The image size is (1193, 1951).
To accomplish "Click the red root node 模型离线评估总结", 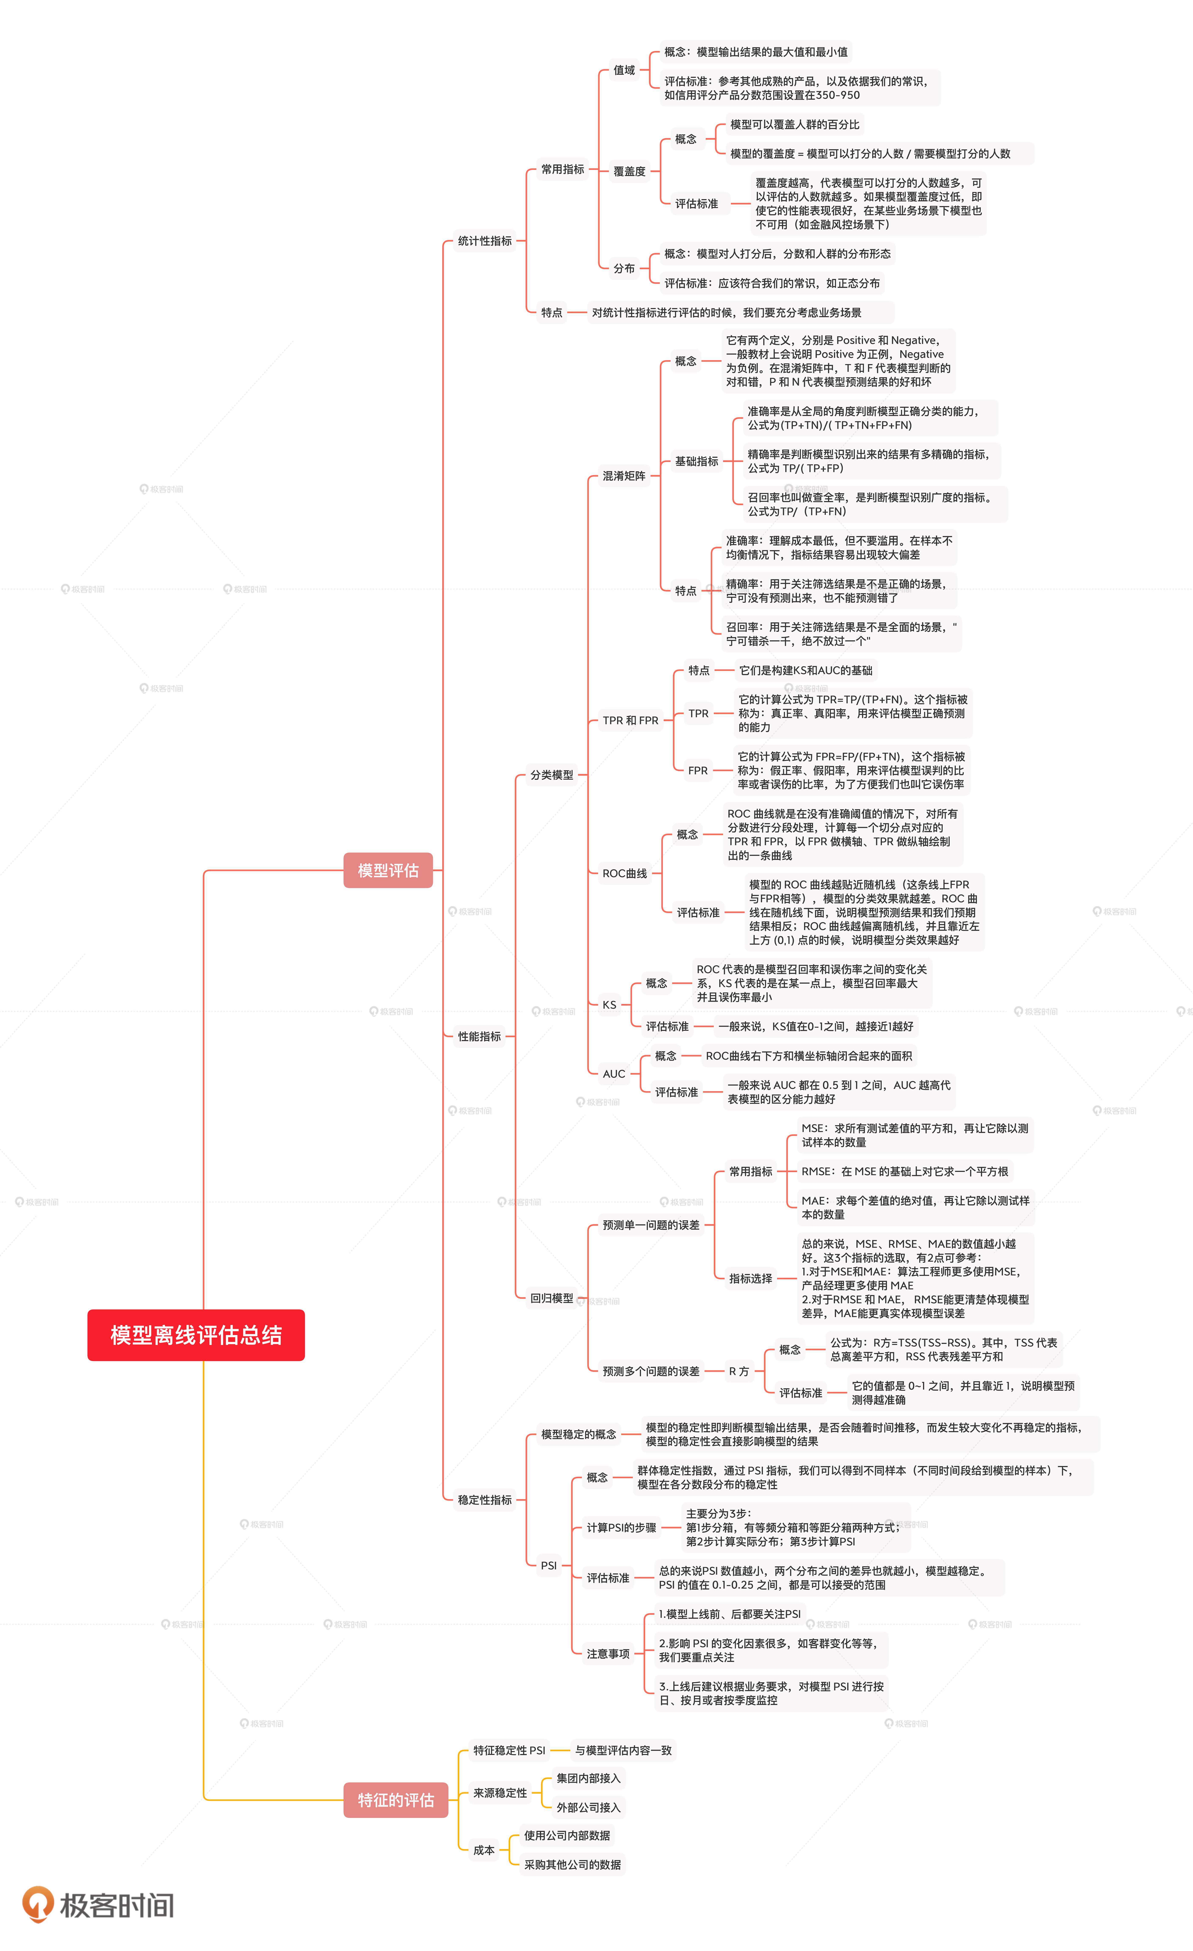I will (x=196, y=1335).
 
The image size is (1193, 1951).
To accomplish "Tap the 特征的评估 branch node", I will (x=395, y=1800).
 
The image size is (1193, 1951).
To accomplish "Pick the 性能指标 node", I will (x=479, y=1036).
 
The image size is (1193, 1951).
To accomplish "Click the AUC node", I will (x=614, y=1074).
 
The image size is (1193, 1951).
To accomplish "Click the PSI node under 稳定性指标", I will (x=548, y=1565).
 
